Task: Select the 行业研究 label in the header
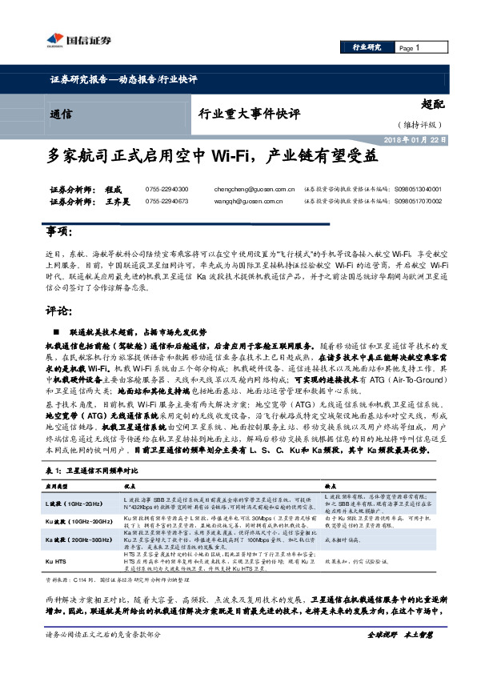[367, 48]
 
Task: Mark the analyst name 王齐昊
[118, 202]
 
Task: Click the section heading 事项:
[58, 231]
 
